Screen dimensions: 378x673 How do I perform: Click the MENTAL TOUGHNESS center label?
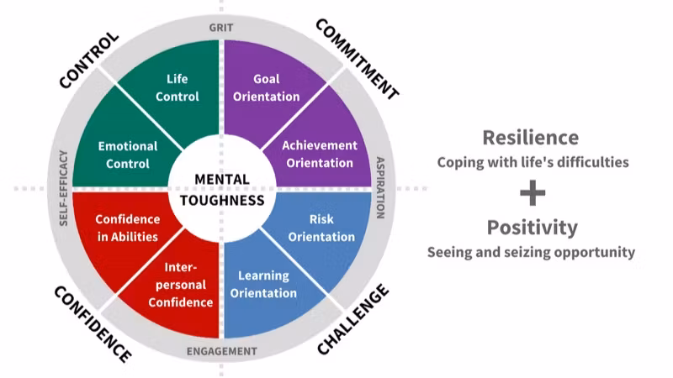(x=223, y=190)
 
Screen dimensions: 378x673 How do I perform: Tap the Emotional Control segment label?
(x=129, y=155)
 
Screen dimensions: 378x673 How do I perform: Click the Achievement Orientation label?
(x=319, y=154)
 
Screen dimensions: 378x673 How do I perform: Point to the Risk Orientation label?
(x=321, y=228)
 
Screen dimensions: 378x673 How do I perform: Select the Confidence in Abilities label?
(x=126, y=228)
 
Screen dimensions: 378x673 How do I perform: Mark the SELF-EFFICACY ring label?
(x=64, y=188)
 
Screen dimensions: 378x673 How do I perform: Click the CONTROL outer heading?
(x=89, y=60)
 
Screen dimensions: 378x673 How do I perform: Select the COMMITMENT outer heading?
(x=357, y=59)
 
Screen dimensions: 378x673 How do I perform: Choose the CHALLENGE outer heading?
(x=353, y=319)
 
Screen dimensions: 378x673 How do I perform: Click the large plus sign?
(x=532, y=192)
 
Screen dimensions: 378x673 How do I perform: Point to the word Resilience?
(x=530, y=137)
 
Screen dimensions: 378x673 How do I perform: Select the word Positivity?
(x=532, y=227)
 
